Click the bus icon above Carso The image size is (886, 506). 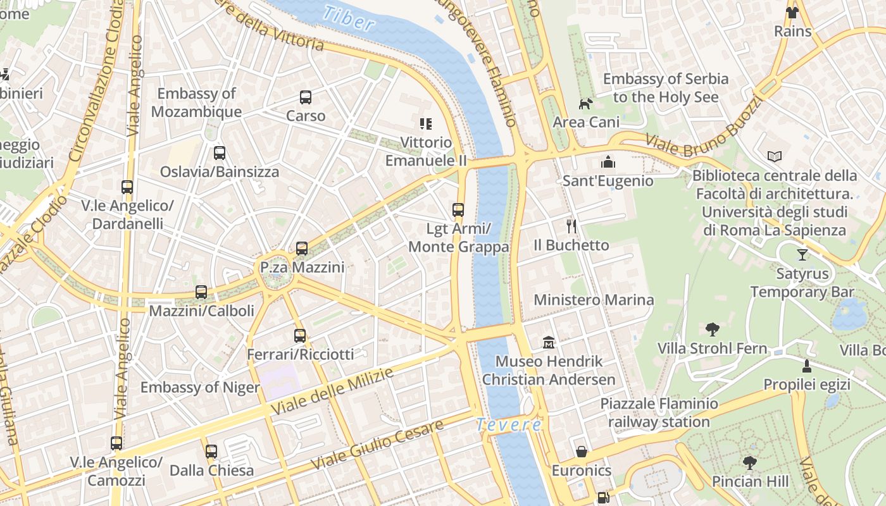pyautogui.click(x=306, y=97)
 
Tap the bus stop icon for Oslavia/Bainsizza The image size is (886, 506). pyautogui.click(x=220, y=153)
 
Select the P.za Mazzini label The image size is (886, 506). pyautogui.click(x=303, y=268)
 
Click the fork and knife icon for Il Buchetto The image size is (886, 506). pyautogui.click(x=571, y=226)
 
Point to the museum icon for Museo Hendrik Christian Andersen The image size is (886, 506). pyautogui.click(x=549, y=343)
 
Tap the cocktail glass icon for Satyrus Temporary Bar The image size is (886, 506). pyautogui.click(x=802, y=255)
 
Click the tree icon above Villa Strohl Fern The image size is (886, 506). pyautogui.click(x=712, y=330)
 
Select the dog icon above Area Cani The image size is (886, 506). pyautogui.click(x=586, y=103)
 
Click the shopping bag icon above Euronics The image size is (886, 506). pyautogui.click(x=582, y=452)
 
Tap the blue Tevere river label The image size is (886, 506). pyautogui.click(x=509, y=425)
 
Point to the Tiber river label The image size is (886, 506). pyautogui.click(x=348, y=19)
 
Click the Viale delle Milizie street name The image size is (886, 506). pyautogui.click(x=332, y=391)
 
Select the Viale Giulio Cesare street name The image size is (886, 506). pyautogui.click(x=377, y=445)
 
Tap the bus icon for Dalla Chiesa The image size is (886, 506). pyautogui.click(x=211, y=452)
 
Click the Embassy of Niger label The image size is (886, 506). pyautogui.click(x=200, y=388)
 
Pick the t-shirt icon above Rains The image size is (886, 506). pyautogui.click(x=792, y=13)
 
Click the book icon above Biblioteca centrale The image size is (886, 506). pyautogui.click(x=775, y=156)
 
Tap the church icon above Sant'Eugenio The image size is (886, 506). pyautogui.click(x=608, y=162)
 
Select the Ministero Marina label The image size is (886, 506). pyautogui.click(x=594, y=300)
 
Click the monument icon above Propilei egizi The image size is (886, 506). pyautogui.click(x=806, y=366)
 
